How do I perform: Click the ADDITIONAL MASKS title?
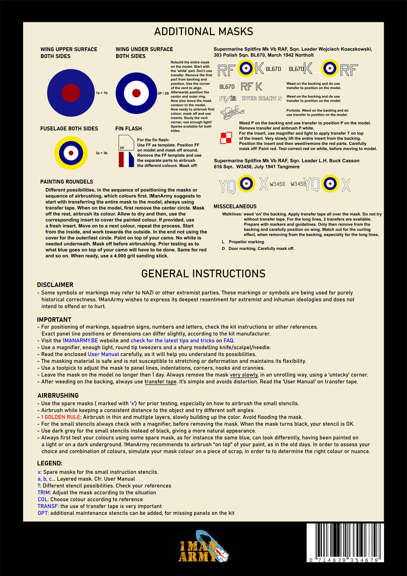pyautogui.click(x=203, y=32)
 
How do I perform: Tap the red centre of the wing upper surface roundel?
pyautogui.click(x=71, y=93)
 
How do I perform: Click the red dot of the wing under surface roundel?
pyautogui.click(x=136, y=93)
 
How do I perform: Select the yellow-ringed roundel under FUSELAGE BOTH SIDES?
pyautogui.click(x=71, y=153)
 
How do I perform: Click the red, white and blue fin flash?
pyautogui.click(x=126, y=159)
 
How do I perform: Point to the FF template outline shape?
pyautogui.click(x=126, y=143)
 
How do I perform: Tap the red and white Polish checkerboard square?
pyautogui.click(x=226, y=138)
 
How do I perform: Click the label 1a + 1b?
pyautogui.click(x=102, y=93)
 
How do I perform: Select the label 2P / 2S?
pyautogui.click(x=163, y=93)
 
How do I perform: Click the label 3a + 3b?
pyautogui.click(x=101, y=153)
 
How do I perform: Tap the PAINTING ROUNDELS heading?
pyautogui.click(x=67, y=182)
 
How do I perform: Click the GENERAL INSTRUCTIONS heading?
pyautogui.click(x=203, y=274)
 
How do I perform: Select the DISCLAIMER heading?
pyautogui.click(x=55, y=285)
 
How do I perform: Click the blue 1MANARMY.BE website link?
pyautogui.click(x=80, y=341)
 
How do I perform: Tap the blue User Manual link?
pyautogui.click(x=103, y=354)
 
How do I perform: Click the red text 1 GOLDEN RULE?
pyautogui.click(x=61, y=417)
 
